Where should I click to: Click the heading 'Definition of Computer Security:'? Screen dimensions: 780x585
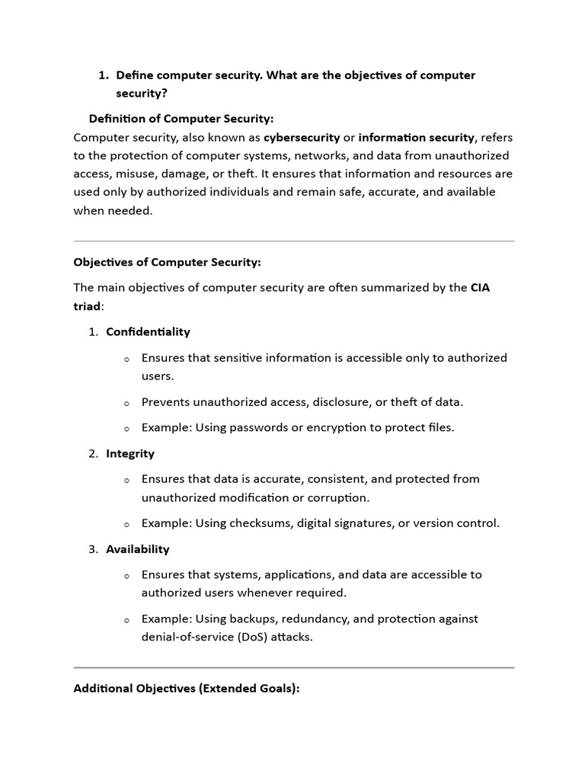pyautogui.click(x=181, y=119)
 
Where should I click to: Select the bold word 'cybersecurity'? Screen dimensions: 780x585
pyautogui.click(x=302, y=137)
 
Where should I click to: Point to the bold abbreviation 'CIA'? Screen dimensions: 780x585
pyautogui.click(x=481, y=287)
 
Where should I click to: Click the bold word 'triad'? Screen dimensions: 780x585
pyautogui.click(x=87, y=305)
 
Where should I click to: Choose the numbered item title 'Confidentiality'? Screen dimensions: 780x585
pyautogui.click(x=148, y=332)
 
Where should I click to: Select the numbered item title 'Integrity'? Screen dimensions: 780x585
pyautogui.click(x=130, y=454)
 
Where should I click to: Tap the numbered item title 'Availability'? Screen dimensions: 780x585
pyautogui.click(x=138, y=549)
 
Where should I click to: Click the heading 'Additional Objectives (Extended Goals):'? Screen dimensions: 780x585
pyautogui.click(x=187, y=689)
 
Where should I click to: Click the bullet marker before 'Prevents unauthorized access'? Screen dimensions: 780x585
pyautogui.click(x=126, y=403)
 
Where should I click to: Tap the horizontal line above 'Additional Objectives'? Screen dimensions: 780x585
pyautogui.click(x=293, y=668)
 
